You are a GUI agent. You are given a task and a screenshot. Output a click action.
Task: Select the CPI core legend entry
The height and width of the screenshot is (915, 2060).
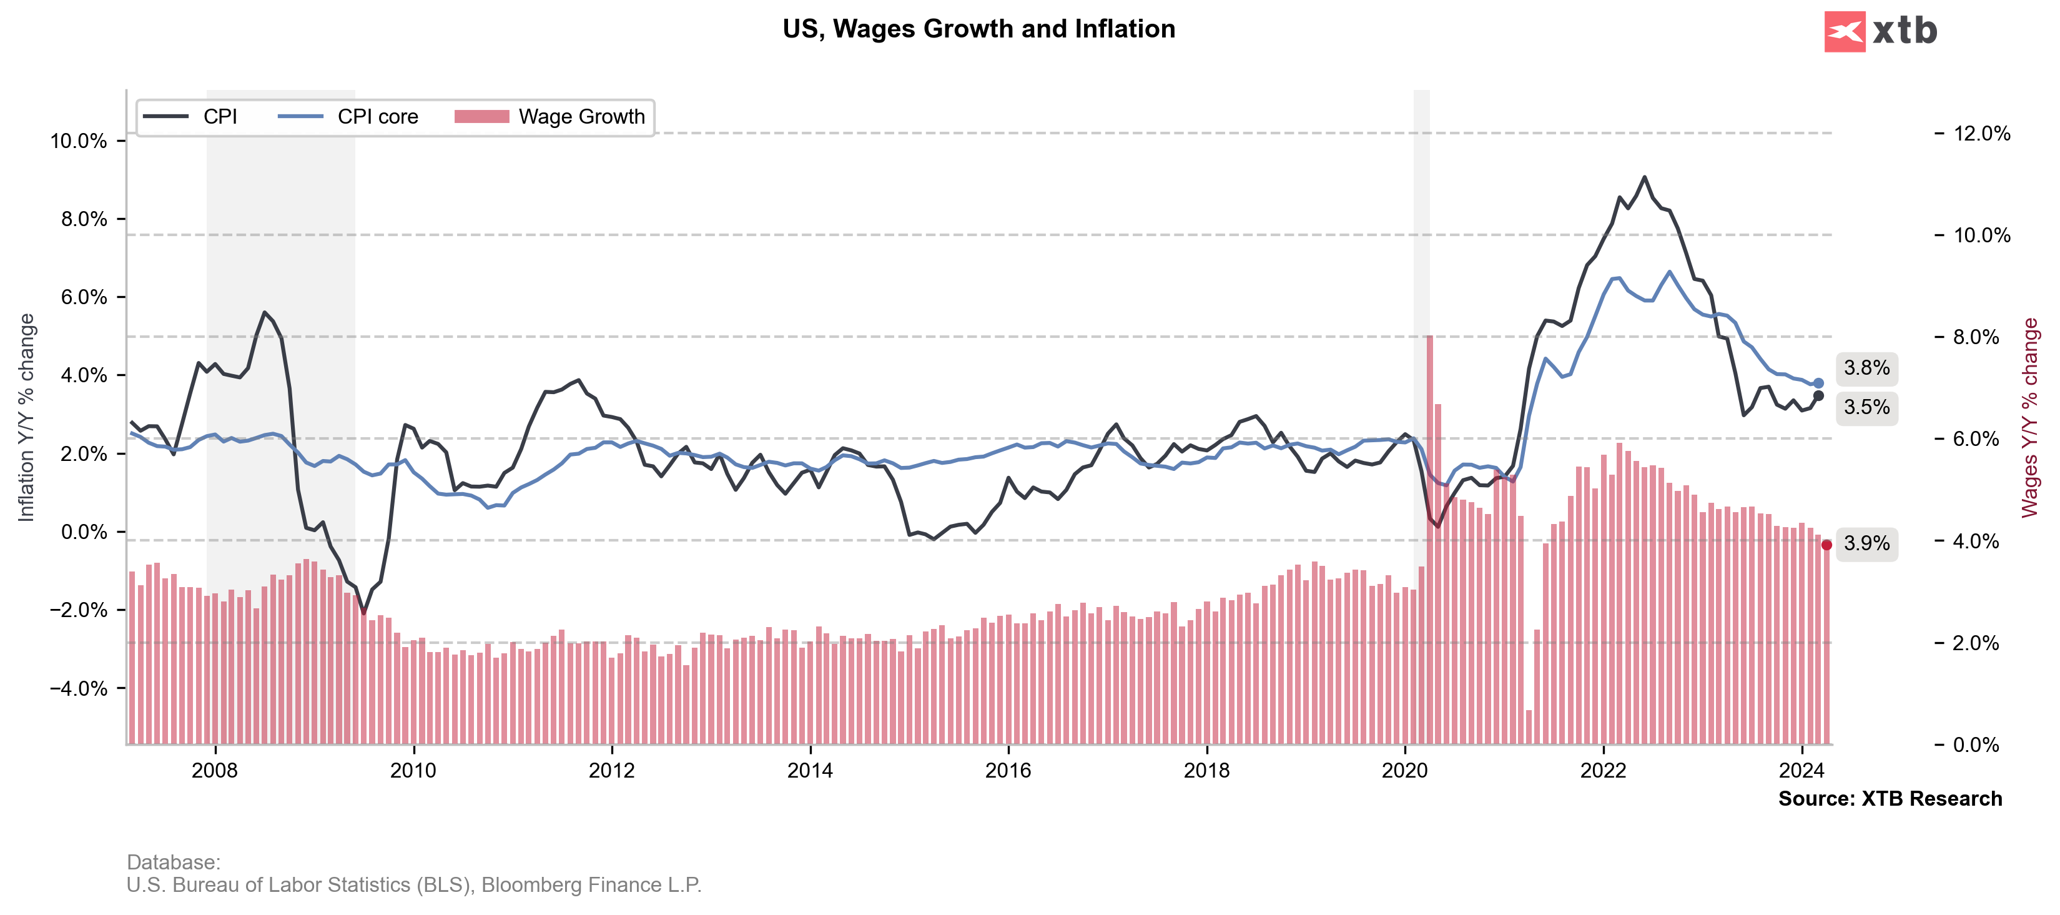point(348,117)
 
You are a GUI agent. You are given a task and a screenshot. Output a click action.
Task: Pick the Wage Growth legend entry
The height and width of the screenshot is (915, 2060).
point(549,117)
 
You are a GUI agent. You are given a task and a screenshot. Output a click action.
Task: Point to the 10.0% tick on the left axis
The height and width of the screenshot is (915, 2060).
point(79,142)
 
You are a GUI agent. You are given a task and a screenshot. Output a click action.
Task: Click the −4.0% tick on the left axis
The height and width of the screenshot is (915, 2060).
point(79,689)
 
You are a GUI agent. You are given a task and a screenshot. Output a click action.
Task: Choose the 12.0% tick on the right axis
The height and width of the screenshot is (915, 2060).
point(1981,134)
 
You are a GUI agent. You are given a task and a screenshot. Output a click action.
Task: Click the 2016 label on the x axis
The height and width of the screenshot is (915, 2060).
point(1008,770)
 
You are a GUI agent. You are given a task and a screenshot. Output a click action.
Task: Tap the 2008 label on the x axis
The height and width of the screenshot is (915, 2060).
point(214,770)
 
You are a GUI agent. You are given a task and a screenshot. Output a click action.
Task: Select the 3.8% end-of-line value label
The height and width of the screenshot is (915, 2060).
point(1866,368)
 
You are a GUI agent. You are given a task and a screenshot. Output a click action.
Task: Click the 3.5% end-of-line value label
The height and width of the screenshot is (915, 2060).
point(1866,407)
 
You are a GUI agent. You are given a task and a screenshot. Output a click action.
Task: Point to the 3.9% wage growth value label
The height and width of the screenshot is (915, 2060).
point(1866,544)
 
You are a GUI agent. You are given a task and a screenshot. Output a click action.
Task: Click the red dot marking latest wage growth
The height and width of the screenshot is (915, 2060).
point(1826,545)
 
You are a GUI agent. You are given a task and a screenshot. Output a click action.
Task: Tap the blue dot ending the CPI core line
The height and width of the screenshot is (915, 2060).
point(1818,383)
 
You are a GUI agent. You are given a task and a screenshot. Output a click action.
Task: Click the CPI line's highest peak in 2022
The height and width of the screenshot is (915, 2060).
point(1644,177)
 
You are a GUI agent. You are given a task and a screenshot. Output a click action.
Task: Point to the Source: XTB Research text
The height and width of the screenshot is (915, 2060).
point(1890,798)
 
